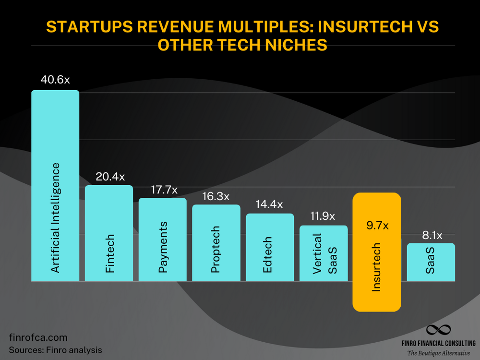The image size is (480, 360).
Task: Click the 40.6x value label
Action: pos(55,79)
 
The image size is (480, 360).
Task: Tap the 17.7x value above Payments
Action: pos(162,190)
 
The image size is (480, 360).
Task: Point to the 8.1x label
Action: pos(431,235)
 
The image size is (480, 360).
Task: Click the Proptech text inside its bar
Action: pos(216,250)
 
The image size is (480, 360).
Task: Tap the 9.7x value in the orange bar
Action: pos(377,225)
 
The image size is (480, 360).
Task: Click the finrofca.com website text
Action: pos(38,337)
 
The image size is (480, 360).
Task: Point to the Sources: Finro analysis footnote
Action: pos(55,350)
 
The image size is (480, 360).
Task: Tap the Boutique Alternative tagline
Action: pos(438,353)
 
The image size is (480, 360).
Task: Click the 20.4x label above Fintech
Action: pos(109,177)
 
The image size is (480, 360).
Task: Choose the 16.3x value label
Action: pos(216,196)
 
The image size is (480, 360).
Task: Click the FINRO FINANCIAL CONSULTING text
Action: pos(438,343)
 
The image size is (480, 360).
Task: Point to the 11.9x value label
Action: pos(324,216)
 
